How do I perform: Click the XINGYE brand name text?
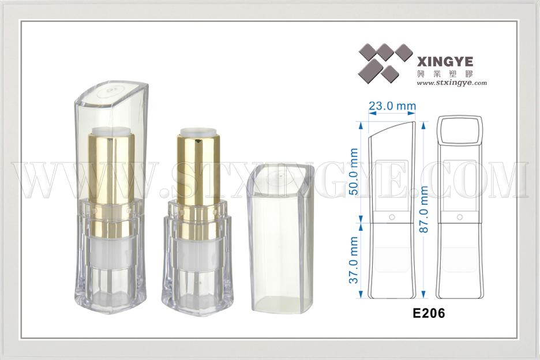tap(445, 62)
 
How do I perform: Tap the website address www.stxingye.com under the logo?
tap(452, 82)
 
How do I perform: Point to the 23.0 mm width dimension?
tap(392, 106)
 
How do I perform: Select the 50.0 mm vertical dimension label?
tap(354, 171)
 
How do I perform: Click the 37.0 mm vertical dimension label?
tap(354, 260)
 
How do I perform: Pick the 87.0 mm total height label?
tap(424, 209)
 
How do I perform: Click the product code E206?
tap(429, 313)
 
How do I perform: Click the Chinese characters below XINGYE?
tap(445, 73)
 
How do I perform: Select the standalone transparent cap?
tap(281, 238)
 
